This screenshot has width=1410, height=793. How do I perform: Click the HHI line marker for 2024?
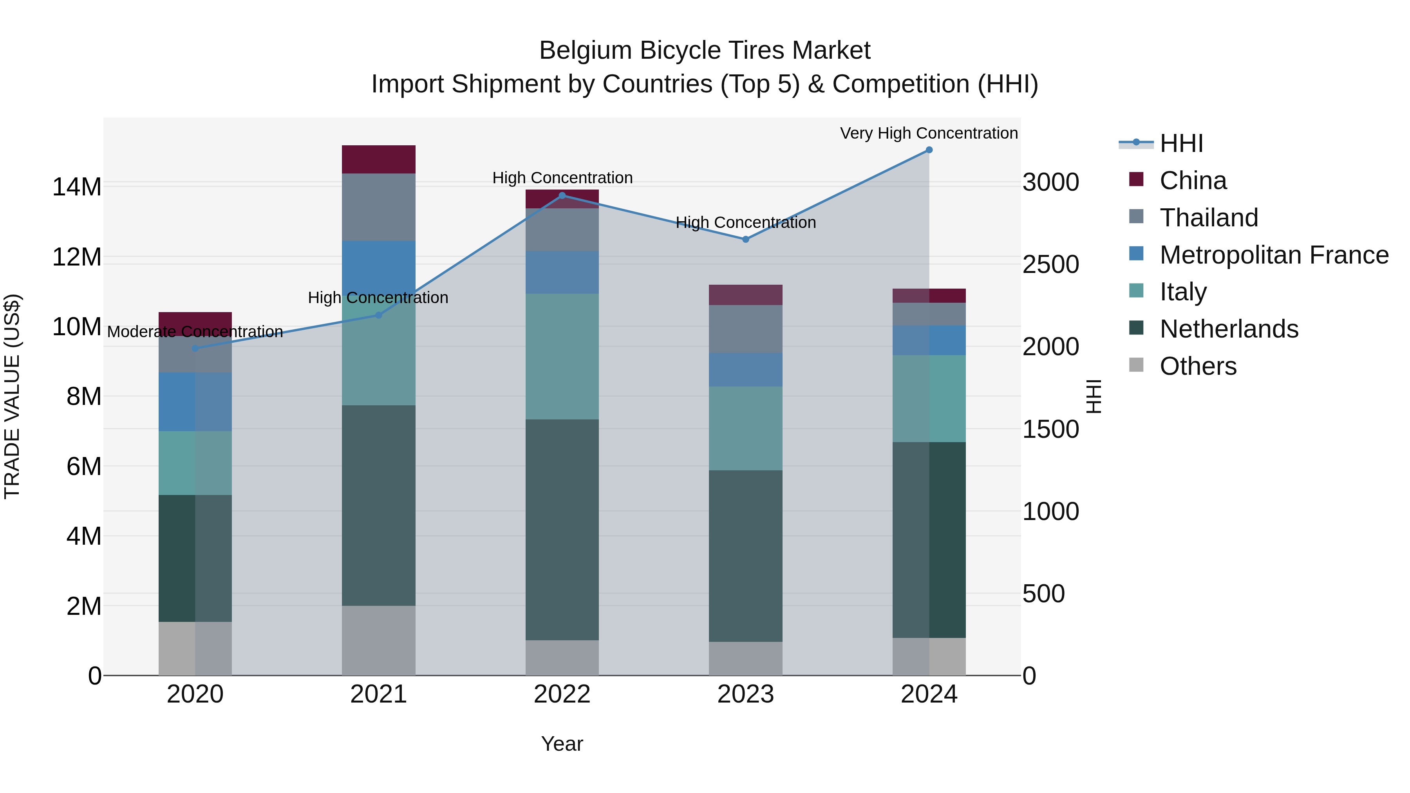(x=929, y=150)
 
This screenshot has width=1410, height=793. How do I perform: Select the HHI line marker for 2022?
(x=562, y=195)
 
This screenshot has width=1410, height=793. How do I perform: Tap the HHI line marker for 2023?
(x=745, y=239)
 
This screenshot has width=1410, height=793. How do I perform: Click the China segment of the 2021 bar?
(x=378, y=159)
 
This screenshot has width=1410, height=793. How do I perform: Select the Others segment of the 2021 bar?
(x=378, y=640)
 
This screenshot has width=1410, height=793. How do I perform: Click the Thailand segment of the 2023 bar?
(x=745, y=329)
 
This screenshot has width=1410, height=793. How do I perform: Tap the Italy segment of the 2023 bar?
(x=745, y=428)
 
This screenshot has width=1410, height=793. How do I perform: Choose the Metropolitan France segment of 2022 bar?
(x=562, y=272)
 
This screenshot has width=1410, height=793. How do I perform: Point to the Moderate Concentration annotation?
(x=195, y=332)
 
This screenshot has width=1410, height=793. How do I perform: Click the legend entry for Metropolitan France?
(x=1274, y=255)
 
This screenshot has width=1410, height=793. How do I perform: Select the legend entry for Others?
(x=1198, y=366)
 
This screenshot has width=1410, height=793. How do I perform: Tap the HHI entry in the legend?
(x=1181, y=143)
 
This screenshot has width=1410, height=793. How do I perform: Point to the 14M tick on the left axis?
(x=77, y=187)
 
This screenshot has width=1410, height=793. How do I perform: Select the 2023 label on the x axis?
(x=745, y=694)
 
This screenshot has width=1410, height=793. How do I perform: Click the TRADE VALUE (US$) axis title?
(x=12, y=396)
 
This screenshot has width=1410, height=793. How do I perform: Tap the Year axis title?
(x=562, y=744)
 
